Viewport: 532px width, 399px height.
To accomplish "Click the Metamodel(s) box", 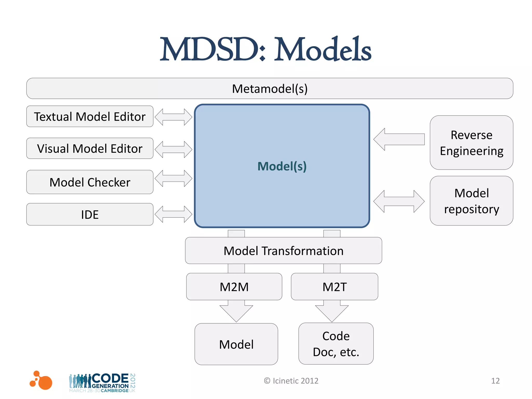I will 270,89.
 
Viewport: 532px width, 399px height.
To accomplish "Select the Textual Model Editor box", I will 90,116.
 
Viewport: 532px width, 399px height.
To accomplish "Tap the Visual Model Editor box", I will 90,148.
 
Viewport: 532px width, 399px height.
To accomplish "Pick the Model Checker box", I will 90,182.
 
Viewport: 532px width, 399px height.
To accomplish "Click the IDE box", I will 90,214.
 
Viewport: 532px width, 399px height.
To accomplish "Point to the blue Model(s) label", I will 282,166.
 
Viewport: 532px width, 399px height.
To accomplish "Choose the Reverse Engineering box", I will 471,143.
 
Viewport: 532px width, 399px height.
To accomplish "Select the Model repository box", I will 471,201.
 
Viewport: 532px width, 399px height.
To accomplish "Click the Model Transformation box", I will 283,251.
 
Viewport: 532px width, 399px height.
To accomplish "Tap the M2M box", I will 234,287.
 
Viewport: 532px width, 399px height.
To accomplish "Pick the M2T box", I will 334,287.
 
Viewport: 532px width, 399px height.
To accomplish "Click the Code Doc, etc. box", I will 336,344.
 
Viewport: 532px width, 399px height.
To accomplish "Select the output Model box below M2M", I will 236,344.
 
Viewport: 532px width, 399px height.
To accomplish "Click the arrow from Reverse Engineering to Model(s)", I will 399,139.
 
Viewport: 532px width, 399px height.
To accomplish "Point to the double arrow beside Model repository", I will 399,201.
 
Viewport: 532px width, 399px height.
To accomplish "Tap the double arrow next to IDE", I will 173,214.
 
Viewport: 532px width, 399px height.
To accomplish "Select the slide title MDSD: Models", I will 265,49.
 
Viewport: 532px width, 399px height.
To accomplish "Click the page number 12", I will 495,381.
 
